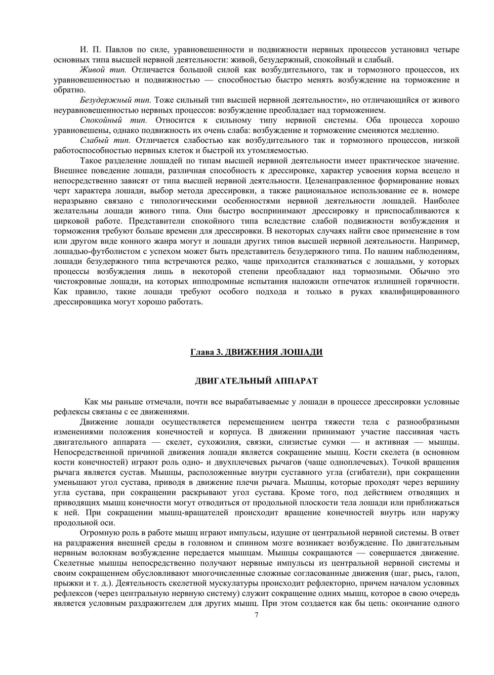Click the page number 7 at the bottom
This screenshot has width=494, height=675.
click(x=256, y=615)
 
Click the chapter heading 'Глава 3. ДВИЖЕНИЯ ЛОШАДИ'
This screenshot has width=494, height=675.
click(x=256, y=352)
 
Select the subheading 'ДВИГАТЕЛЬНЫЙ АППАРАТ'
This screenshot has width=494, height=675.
click(x=256, y=381)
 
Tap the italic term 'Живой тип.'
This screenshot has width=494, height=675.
click(x=103, y=70)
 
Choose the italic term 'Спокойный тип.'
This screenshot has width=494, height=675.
click(x=113, y=120)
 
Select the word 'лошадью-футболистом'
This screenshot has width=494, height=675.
click(x=93, y=251)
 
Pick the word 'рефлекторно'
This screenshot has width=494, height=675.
click(x=293, y=583)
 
